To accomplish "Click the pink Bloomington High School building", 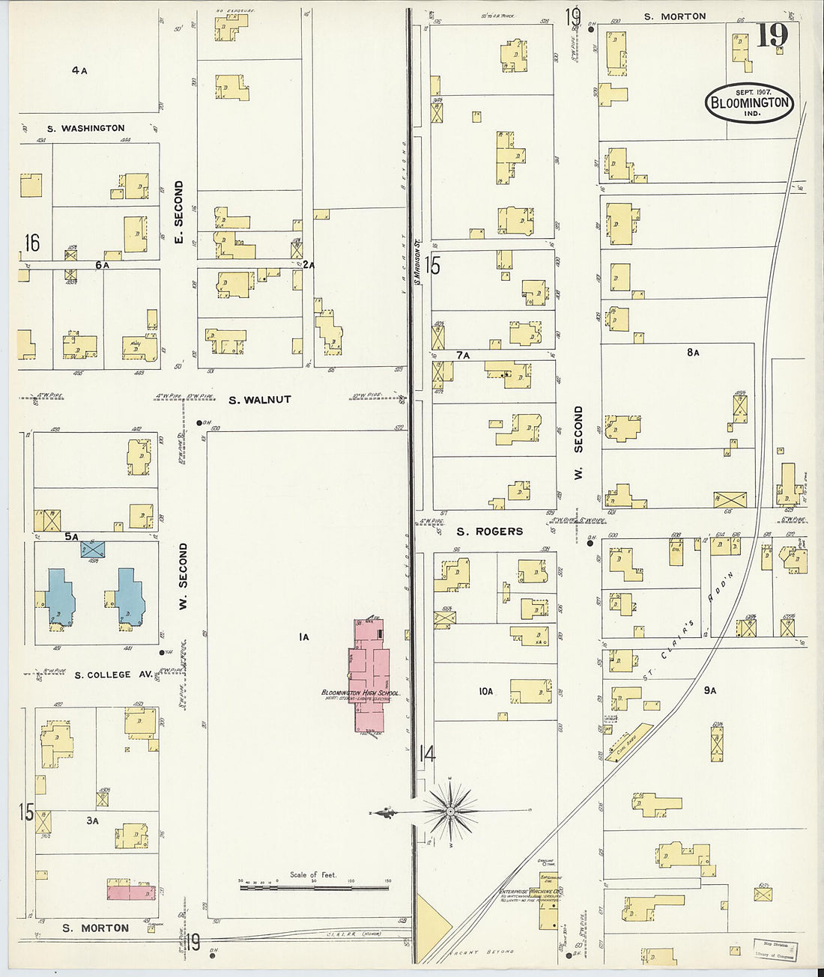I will [x=370, y=674].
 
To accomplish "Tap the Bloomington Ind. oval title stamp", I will [x=749, y=103].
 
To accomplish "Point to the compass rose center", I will [x=450, y=812].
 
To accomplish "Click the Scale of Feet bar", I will [x=314, y=888].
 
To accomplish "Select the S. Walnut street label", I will [x=259, y=400].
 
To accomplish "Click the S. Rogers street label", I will [x=490, y=532].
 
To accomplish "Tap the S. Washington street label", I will [x=85, y=129].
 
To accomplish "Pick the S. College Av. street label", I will [x=103, y=675].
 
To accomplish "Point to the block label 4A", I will [x=79, y=71].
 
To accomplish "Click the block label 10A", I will [x=486, y=692].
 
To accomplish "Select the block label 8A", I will [x=693, y=353].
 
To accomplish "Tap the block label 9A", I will [x=709, y=690].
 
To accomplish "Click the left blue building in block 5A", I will [x=59, y=596].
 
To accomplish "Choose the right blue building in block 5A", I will [x=130, y=596].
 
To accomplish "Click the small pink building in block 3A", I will [x=130, y=892].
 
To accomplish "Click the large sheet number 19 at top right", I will [x=771, y=36].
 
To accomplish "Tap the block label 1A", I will [x=303, y=637].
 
